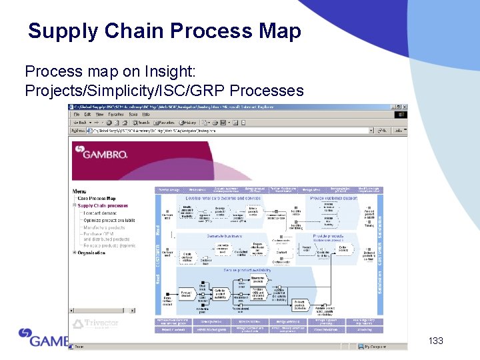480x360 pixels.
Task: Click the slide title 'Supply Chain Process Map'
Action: click(164, 31)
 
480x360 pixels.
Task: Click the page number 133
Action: click(436, 341)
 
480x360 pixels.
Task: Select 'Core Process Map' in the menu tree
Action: click(97, 198)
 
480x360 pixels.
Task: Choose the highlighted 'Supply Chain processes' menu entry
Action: click(103, 205)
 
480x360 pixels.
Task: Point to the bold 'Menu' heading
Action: click(79, 191)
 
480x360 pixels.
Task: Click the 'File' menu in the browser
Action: click(77, 114)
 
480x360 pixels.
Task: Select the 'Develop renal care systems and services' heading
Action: click(222, 199)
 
